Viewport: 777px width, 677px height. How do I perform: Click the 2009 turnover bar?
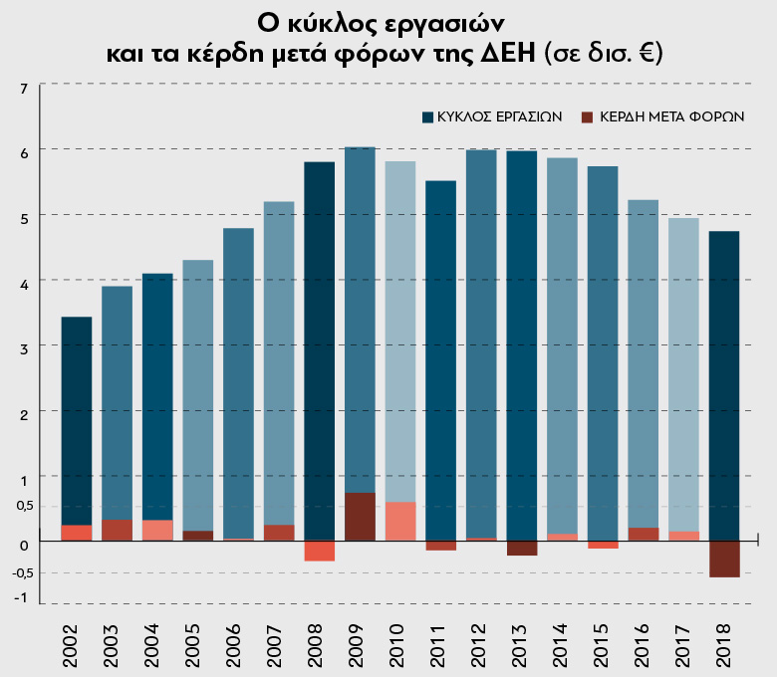(360, 319)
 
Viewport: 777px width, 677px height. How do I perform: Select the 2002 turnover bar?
(77, 418)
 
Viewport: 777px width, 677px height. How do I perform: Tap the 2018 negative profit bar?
(724, 559)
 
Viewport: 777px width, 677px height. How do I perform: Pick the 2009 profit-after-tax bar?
(360, 517)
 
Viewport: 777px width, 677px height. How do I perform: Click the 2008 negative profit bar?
(320, 551)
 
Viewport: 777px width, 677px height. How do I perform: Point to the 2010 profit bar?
(400, 521)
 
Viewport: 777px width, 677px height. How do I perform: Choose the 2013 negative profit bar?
(522, 548)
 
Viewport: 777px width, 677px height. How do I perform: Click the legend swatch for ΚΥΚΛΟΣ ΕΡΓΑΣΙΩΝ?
(428, 116)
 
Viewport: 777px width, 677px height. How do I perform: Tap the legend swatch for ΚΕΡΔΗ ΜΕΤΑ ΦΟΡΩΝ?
(588, 116)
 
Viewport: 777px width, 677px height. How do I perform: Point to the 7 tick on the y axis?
(24, 88)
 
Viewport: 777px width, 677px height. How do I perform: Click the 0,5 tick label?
(24, 506)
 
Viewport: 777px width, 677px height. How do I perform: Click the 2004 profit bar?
(157, 530)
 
